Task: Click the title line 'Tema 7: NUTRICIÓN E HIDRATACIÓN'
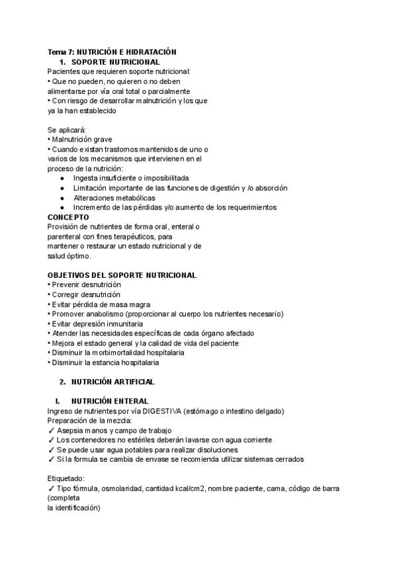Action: [x=112, y=52]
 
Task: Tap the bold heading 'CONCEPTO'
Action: [x=68, y=217]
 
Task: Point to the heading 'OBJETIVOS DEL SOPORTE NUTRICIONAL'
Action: [x=122, y=275]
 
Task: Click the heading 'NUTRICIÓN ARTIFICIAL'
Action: [x=112, y=382]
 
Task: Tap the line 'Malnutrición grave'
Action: [x=81, y=140]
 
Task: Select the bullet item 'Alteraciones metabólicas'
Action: [x=114, y=198]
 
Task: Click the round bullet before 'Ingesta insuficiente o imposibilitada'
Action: [x=62, y=179]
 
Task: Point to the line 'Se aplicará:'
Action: [x=67, y=130]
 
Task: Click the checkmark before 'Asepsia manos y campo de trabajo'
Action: [x=51, y=431]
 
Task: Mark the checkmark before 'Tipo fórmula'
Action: [x=51, y=488]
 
